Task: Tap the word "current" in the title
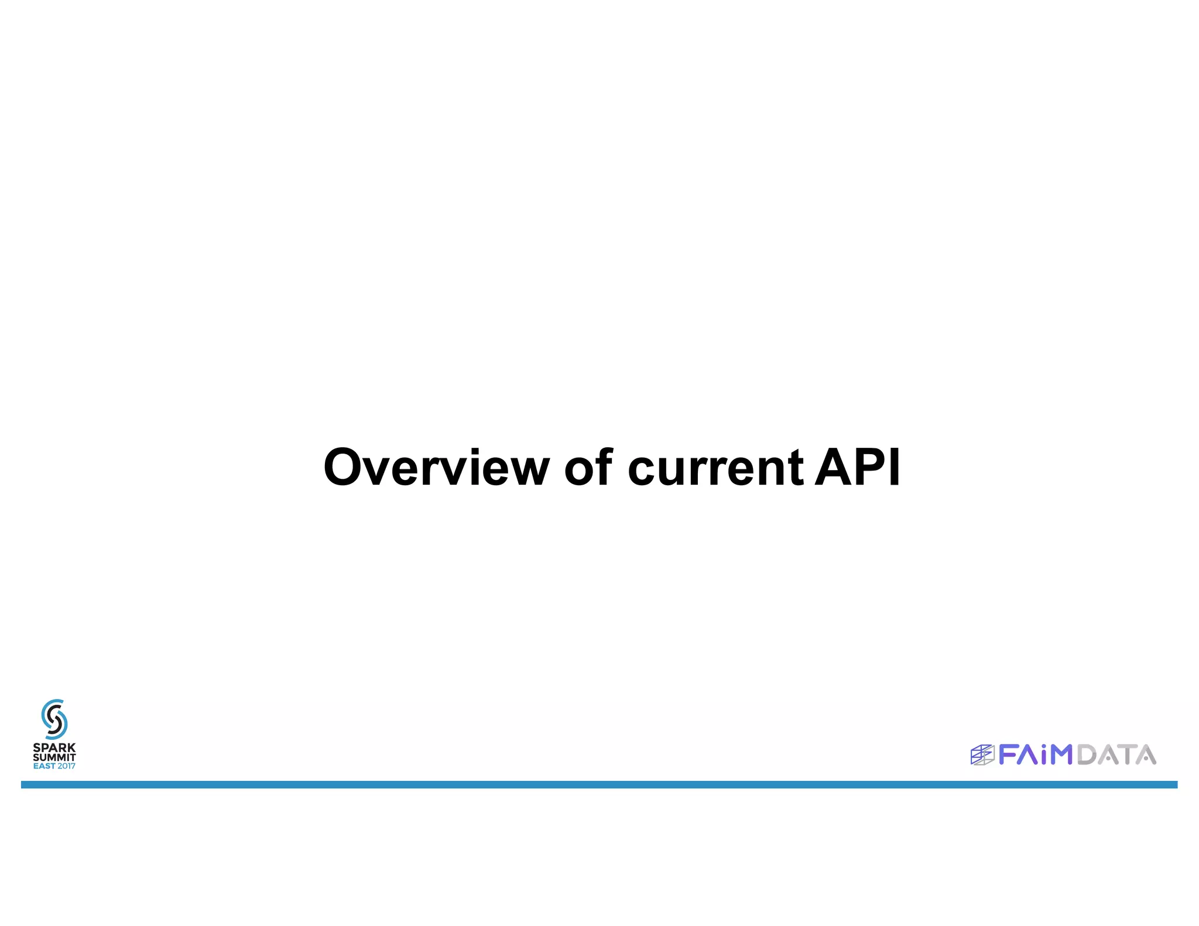coord(715,468)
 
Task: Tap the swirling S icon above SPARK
coord(54,719)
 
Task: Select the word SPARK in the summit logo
coord(54,747)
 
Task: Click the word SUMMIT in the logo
coord(54,757)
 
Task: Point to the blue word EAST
coord(44,766)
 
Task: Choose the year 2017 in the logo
coord(66,766)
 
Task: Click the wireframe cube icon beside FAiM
coord(982,755)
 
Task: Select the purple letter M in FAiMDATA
coord(1061,754)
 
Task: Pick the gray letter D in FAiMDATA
coord(1087,754)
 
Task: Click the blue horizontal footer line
coord(599,784)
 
